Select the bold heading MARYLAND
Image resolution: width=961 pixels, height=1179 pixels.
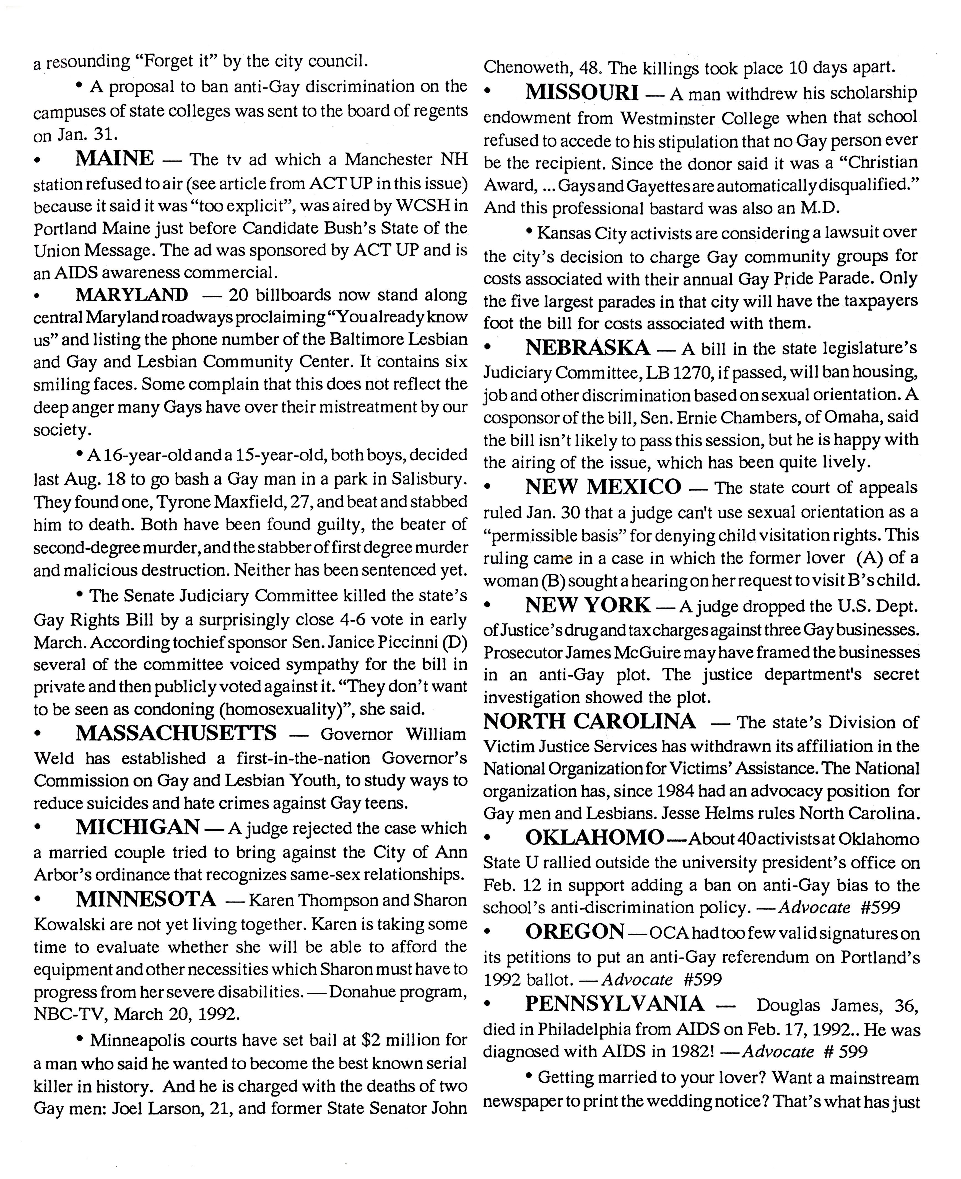click(x=132, y=294)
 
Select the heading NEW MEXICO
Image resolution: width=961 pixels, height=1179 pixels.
click(x=603, y=487)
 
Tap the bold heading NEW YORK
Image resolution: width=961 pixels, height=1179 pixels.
click(x=588, y=605)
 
